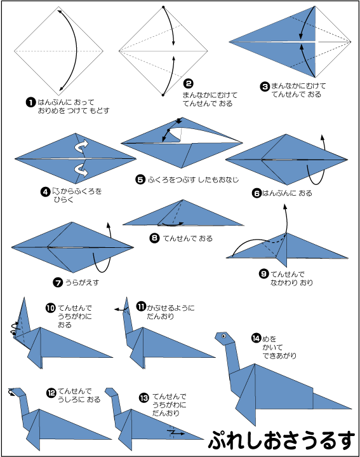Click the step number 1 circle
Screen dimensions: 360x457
[x=30, y=102]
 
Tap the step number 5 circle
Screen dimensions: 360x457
[x=140, y=179]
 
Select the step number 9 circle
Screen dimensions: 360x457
[x=263, y=274]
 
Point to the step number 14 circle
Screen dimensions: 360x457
[x=256, y=338]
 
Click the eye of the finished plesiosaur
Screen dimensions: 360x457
[x=223, y=336]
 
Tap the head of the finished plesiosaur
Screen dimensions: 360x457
[x=224, y=338]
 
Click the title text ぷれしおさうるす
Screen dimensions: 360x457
[x=282, y=440]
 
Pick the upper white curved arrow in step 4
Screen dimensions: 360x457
[x=82, y=146]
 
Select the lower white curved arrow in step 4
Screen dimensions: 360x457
[x=82, y=170]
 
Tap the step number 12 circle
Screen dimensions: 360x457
[x=51, y=393]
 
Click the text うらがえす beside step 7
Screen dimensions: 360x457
[x=82, y=282]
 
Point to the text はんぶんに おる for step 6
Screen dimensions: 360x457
[x=287, y=193]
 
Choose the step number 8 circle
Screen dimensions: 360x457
[x=154, y=238]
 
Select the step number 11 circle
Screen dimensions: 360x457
[x=141, y=306]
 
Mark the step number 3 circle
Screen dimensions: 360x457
[x=265, y=86]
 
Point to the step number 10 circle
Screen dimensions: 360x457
[x=50, y=308]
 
